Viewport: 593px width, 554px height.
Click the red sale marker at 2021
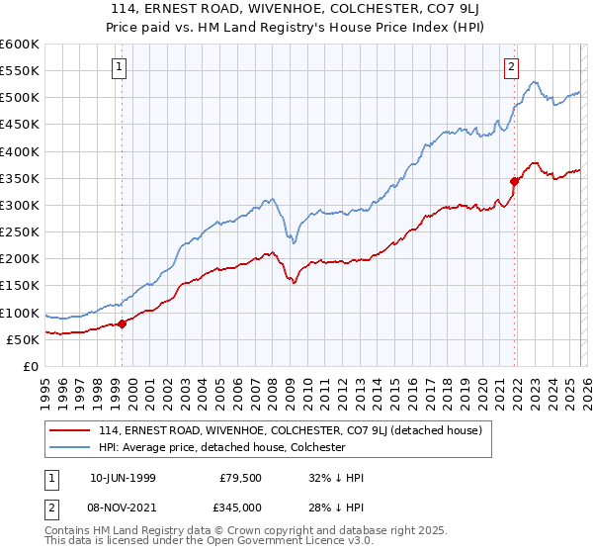[515, 181]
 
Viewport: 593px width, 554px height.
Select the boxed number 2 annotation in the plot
[511, 67]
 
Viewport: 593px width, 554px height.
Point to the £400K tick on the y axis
[20, 151]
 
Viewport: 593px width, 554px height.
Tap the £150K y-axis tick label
[20, 286]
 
